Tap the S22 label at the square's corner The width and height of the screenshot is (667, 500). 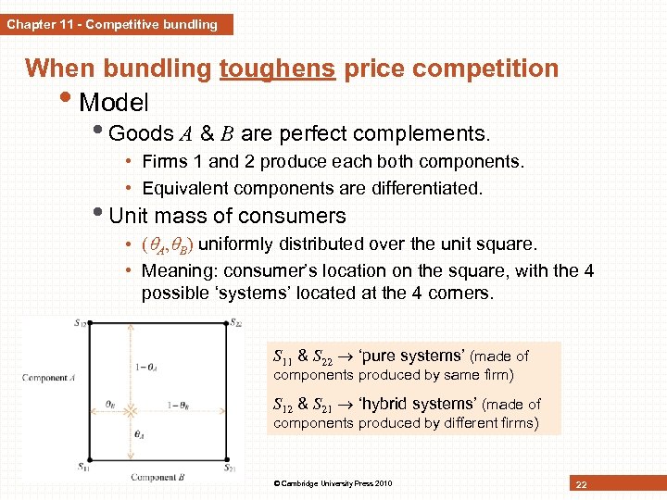pos(237,322)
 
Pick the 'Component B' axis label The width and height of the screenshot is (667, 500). pos(154,478)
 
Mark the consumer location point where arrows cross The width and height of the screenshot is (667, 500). pos(132,406)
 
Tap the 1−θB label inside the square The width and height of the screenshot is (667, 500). pos(182,405)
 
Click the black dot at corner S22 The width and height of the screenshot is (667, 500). pos(225,323)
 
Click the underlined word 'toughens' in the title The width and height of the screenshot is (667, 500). pos(278,69)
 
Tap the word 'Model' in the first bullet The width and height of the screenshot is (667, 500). pos(115,100)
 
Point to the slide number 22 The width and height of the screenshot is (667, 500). pos(582,484)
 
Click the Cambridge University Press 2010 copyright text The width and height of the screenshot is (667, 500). pos(333,483)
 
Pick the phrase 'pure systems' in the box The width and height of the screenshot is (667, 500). pos(416,356)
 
